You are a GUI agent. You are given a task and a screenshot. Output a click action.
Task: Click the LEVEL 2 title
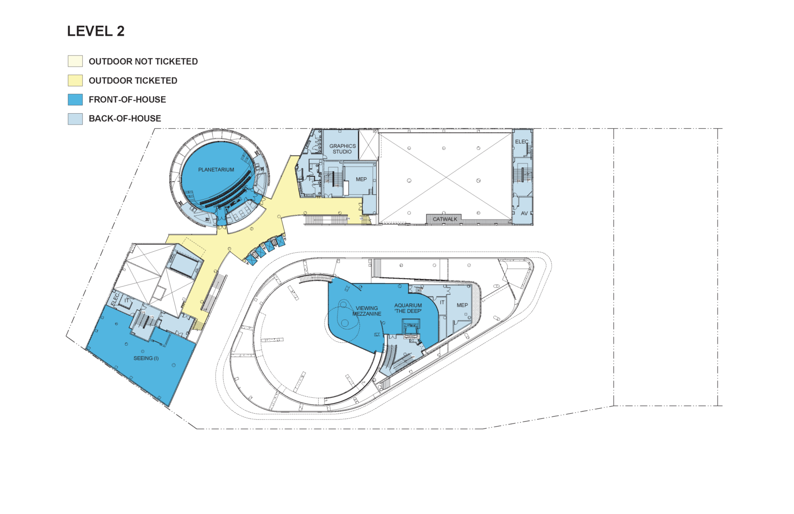[x=96, y=31]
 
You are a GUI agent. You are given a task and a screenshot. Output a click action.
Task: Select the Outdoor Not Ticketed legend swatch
[x=75, y=61]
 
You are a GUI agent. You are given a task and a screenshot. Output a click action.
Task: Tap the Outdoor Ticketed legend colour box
[x=75, y=80]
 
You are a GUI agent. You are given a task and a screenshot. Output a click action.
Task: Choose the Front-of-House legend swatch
[x=75, y=99]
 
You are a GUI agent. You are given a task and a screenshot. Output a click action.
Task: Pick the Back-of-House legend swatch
[x=75, y=119]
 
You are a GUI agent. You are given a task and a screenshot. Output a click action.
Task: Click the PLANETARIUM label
[x=216, y=169]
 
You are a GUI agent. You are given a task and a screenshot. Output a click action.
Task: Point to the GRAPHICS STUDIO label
[x=342, y=148]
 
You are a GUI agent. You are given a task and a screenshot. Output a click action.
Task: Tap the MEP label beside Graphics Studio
[x=361, y=179]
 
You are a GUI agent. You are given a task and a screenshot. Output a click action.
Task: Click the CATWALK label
[x=445, y=219]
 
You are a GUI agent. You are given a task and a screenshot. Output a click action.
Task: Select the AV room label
[x=524, y=213]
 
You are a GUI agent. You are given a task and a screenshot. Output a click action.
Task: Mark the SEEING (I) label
[x=146, y=358]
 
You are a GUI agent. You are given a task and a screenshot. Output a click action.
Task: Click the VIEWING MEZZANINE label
[x=367, y=311]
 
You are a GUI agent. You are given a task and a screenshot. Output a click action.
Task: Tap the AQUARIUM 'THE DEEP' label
[x=408, y=308]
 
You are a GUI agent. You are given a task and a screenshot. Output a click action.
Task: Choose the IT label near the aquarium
[x=442, y=302]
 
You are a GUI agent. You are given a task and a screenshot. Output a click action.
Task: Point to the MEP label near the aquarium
[x=462, y=305]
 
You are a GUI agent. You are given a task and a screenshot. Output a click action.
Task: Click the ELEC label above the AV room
[x=522, y=142]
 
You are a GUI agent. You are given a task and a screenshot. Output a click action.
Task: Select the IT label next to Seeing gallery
[x=127, y=300]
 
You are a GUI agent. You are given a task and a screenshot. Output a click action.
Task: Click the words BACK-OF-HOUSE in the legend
[x=125, y=119]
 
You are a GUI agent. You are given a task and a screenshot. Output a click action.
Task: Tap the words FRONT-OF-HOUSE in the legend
[x=127, y=99]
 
